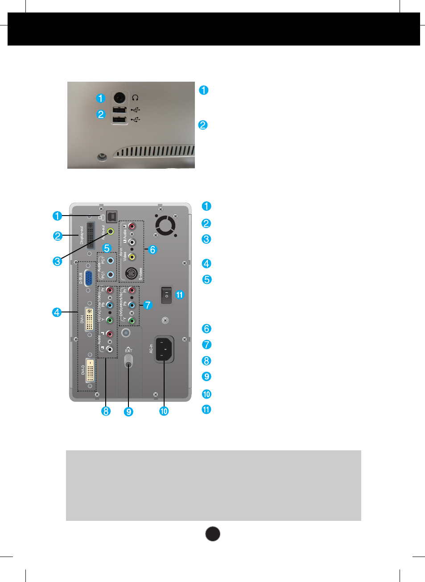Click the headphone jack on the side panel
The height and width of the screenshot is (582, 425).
click(x=119, y=97)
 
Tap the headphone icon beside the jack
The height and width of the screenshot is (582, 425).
click(x=135, y=97)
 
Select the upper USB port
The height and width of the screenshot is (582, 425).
click(x=119, y=110)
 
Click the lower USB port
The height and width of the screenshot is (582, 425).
click(x=119, y=120)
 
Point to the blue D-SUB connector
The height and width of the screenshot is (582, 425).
click(x=88, y=278)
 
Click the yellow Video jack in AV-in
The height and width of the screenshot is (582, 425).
click(x=132, y=257)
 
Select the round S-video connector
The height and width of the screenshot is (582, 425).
click(x=131, y=273)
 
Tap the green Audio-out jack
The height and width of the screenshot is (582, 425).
click(x=110, y=232)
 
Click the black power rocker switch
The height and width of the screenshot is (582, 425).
click(x=166, y=295)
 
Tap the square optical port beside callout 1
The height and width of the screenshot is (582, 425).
click(x=111, y=216)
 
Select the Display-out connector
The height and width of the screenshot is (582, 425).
click(x=91, y=235)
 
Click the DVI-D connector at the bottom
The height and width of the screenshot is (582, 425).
click(x=90, y=370)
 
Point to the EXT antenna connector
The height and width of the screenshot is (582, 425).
click(x=128, y=360)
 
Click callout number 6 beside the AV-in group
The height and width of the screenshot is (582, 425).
click(x=153, y=249)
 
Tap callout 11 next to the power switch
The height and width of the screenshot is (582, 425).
click(x=180, y=295)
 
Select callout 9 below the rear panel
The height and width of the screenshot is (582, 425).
click(x=128, y=412)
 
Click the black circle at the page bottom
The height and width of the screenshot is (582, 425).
click(x=213, y=534)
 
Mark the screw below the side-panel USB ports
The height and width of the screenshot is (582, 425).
click(x=102, y=157)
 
